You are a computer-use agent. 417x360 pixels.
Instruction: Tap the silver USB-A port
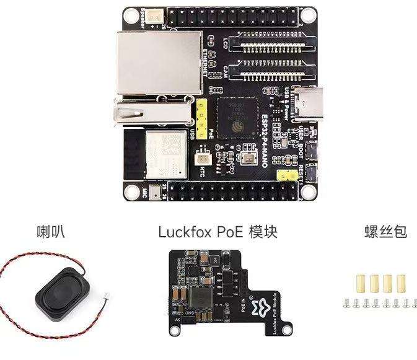coord(152,112)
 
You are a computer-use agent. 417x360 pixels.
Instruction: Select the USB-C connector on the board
coord(308,103)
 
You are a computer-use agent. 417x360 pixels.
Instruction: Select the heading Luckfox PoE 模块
coord(217,232)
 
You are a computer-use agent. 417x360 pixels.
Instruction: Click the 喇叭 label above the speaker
coord(50,232)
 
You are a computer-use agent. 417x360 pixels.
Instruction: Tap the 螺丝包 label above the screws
coord(385,232)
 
